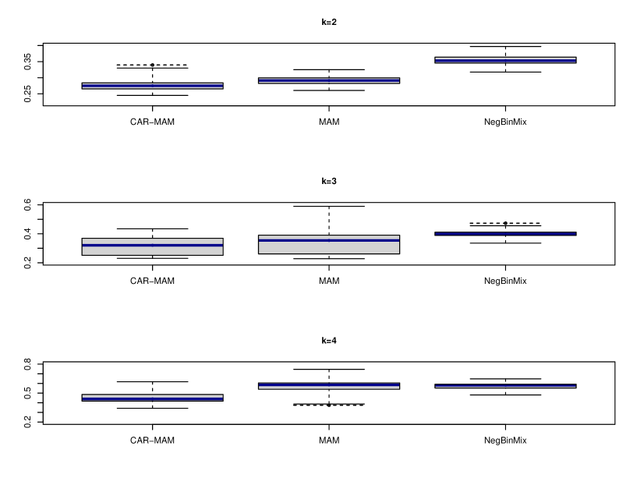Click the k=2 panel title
click(x=329, y=22)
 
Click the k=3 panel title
click(x=329, y=181)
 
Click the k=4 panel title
click(x=329, y=341)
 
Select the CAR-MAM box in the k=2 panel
click(x=152, y=86)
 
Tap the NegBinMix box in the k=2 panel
click(x=505, y=60)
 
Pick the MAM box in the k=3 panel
click(x=329, y=244)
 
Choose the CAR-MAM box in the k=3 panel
click(x=152, y=246)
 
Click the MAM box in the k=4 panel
click(x=329, y=385)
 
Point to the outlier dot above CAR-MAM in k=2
click(x=152, y=65)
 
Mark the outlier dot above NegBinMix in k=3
click(x=505, y=223)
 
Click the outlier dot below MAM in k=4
click(x=329, y=405)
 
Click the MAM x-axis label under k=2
click(x=329, y=121)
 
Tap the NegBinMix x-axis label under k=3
click(x=505, y=281)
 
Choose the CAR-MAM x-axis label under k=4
click(x=152, y=440)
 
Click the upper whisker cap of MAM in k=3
click(x=329, y=206)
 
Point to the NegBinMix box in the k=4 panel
click(x=505, y=385)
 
